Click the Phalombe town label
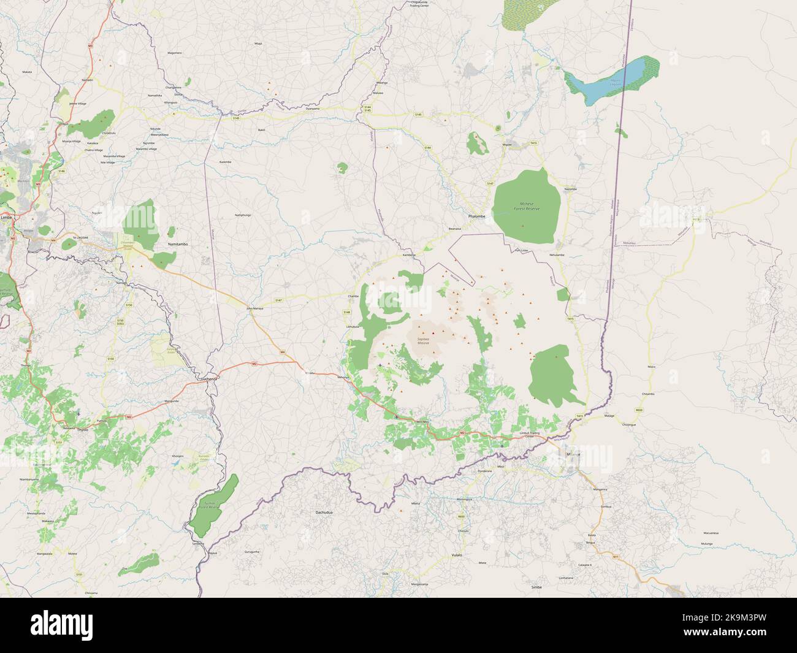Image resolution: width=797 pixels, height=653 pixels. (x=476, y=216)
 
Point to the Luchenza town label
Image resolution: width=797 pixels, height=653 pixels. (x=209, y=379)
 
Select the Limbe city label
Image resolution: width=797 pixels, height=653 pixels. (x=8, y=218)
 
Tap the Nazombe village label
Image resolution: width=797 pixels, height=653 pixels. (x=570, y=189)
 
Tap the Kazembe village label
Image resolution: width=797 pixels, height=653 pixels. (x=225, y=162)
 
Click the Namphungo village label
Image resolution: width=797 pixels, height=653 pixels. (x=243, y=215)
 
